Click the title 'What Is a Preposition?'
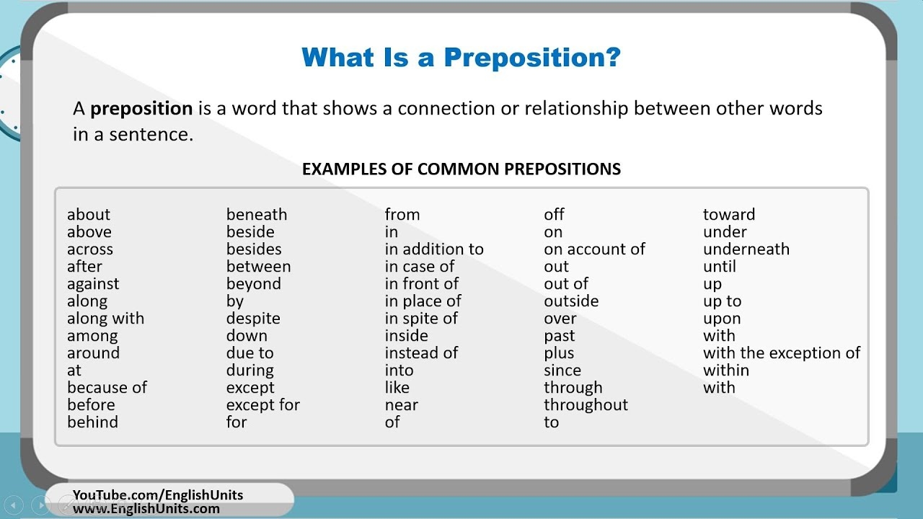461,58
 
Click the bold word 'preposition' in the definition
141,109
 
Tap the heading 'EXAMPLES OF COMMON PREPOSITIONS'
461,169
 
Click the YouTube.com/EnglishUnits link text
158,495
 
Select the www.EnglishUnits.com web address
146,509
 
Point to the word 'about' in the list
89,215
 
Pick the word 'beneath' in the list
257,215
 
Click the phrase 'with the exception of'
782,353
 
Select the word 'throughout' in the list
586,405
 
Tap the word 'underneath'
746,249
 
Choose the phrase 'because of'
107,388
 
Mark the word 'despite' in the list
253,319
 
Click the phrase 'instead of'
421,353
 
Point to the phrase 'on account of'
594,249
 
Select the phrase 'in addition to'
434,249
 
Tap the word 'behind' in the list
92,422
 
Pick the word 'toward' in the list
729,215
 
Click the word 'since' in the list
562,371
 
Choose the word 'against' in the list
93,284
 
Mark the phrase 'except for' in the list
263,405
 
